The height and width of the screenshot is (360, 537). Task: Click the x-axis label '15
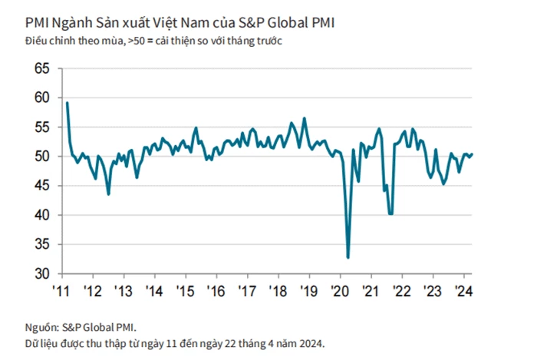tap(184, 292)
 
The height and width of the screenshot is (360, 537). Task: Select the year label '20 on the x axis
tap(338, 292)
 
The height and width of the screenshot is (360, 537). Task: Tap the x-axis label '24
tap(463, 292)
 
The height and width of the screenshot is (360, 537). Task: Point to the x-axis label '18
tap(278, 292)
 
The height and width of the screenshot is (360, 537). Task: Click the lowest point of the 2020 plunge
tap(348, 258)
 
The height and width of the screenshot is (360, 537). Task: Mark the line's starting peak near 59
tap(68, 103)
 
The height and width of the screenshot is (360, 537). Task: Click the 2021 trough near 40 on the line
tap(390, 214)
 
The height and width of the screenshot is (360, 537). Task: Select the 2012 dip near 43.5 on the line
tap(108, 194)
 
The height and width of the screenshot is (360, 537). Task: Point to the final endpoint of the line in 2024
tap(472, 154)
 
